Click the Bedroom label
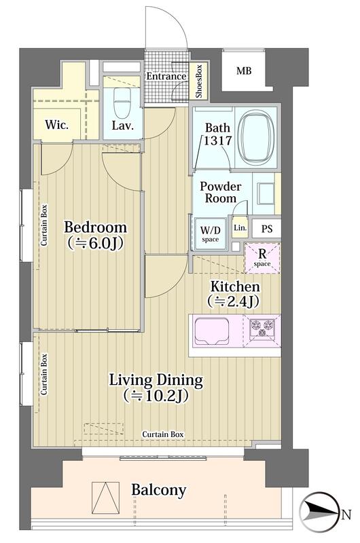(95, 227)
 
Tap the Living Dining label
(156, 380)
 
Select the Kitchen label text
(235, 286)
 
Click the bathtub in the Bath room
(257, 138)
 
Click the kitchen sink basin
(212, 331)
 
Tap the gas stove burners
(262, 328)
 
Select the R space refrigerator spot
(262, 259)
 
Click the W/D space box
(210, 233)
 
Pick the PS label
(266, 229)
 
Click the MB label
(244, 71)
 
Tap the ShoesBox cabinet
(199, 81)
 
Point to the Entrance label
(166, 76)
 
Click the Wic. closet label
(57, 124)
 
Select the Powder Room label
(220, 192)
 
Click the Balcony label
(159, 489)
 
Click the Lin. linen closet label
(240, 228)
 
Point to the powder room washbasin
(265, 193)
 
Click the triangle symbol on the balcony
(106, 498)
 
